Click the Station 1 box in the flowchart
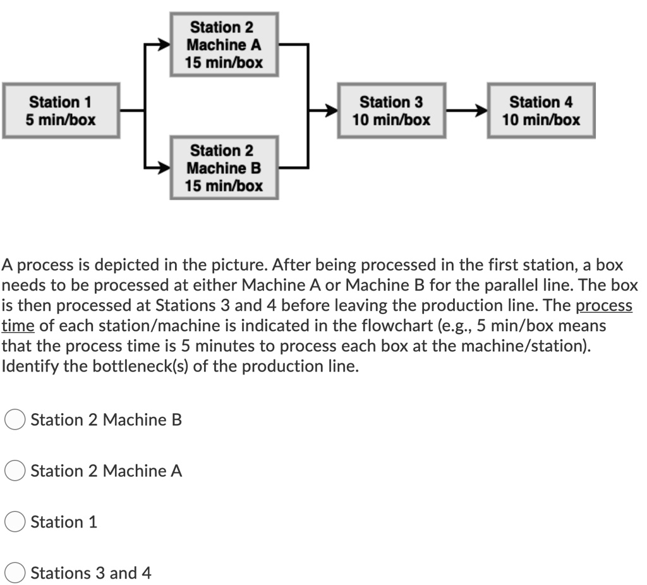[x=61, y=111]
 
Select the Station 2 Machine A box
[x=224, y=45]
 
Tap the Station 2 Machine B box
[x=224, y=168]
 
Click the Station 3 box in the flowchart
[x=391, y=111]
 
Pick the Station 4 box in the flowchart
[x=541, y=111]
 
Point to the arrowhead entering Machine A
[x=163, y=45]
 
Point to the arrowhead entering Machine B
[x=163, y=168]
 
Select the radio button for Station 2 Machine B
[x=15, y=420]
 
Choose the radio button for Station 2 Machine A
[x=15, y=471]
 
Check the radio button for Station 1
[x=15, y=522]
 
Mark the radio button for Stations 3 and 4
[x=15, y=574]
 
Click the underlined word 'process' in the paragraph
[x=603, y=306]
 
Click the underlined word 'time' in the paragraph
[x=18, y=326]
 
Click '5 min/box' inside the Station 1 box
[x=61, y=119]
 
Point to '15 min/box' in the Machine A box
[x=224, y=63]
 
